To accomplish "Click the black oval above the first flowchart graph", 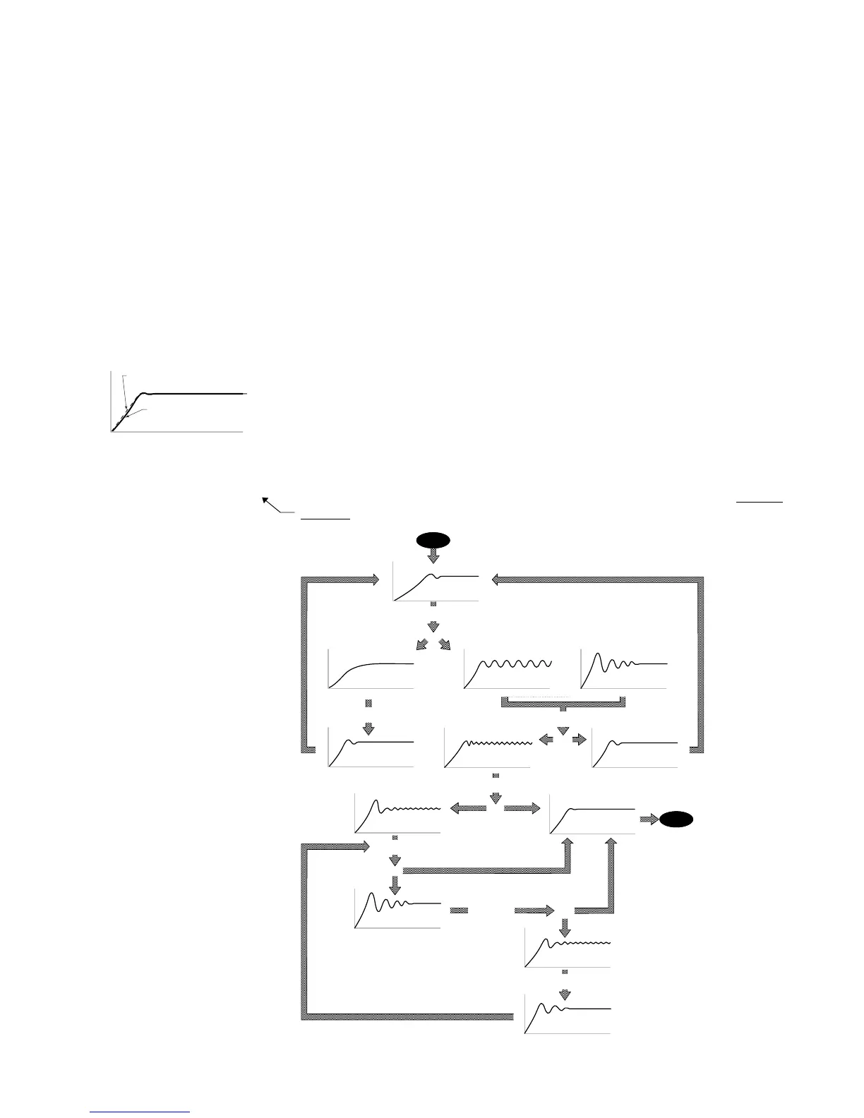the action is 433,541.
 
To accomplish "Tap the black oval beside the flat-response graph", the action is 676,819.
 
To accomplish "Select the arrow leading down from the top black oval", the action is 433,557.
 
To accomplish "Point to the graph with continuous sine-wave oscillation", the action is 507,668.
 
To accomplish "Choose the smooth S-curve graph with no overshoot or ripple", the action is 371,668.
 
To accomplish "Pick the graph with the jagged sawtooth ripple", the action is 488,747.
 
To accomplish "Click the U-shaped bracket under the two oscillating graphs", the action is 563,702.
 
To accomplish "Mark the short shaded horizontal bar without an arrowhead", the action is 460,910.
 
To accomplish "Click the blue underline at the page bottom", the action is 141,1112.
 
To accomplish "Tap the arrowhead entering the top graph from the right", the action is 496,579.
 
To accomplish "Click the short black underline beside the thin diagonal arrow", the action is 325,519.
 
